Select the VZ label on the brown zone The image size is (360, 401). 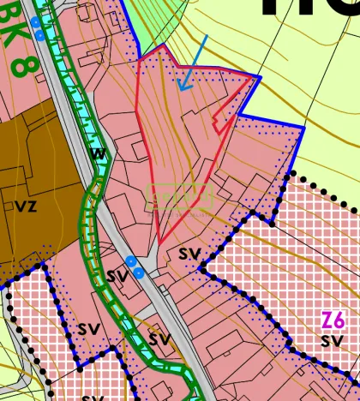(26, 206)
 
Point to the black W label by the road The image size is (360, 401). (98, 154)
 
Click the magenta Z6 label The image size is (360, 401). (333, 320)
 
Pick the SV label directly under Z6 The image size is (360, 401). (333, 341)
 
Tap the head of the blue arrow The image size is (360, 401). (180, 89)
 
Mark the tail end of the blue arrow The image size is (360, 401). (207, 36)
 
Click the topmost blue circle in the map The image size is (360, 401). (35, 21)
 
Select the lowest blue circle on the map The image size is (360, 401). (139, 272)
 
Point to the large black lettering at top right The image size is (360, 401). (309, 10)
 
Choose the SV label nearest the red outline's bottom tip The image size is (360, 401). (189, 254)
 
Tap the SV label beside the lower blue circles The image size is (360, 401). (117, 276)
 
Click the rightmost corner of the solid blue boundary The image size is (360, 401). (303, 128)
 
